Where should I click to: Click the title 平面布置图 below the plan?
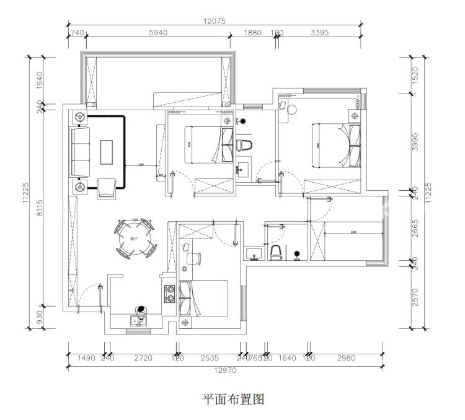pyautogui.click(x=234, y=400)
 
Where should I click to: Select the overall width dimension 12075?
pyautogui.click(x=214, y=20)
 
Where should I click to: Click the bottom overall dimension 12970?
pyautogui.click(x=224, y=370)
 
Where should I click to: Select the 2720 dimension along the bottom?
pyautogui.click(x=142, y=357)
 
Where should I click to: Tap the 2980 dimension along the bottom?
pyautogui.click(x=345, y=357)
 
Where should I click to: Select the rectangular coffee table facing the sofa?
pyautogui.click(x=107, y=152)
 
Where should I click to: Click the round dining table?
pyautogui.click(x=135, y=238)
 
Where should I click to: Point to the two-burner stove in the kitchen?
pyautogui.click(x=168, y=292)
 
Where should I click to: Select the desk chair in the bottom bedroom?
pyautogui.click(x=192, y=257)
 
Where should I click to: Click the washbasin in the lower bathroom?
pyautogui.click(x=255, y=253)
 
